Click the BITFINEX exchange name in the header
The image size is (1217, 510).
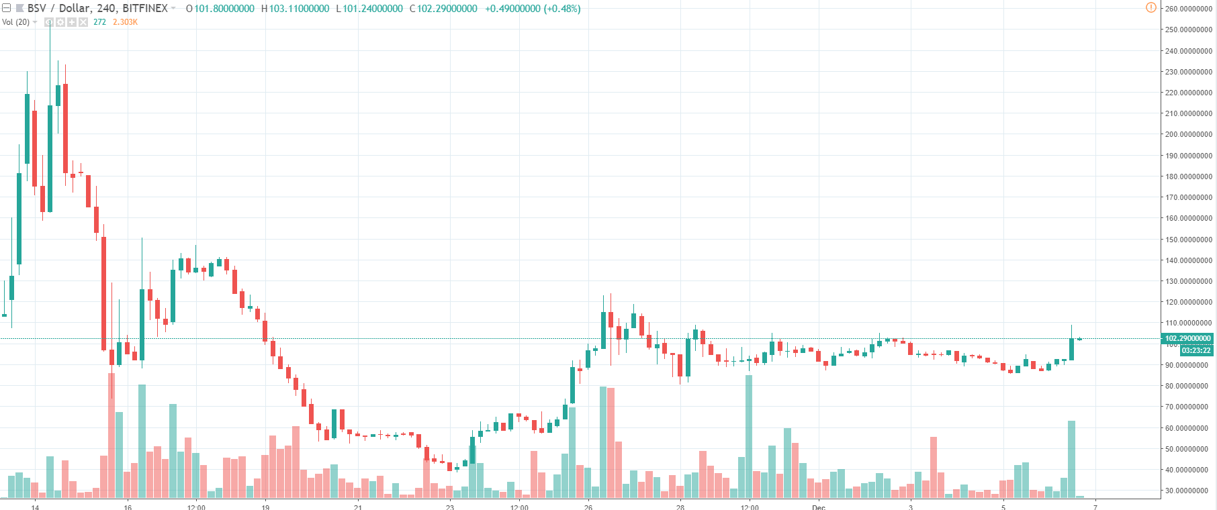[x=145, y=9]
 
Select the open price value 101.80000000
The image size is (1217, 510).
[x=224, y=9]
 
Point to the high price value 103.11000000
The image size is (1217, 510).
[x=299, y=9]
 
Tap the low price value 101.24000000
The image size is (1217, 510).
[x=373, y=9]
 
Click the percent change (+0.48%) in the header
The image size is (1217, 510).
[x=561, y=9]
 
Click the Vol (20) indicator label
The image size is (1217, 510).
[x=16, y=22]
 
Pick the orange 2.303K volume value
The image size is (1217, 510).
[x=125, y=22]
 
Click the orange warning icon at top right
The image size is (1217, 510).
[x=1151, y=7]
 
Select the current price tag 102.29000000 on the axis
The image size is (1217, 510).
[x=1187, y=339]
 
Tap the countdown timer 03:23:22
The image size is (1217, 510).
[x=1196, y=350]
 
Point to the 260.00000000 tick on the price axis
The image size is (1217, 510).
[x=1188, y=9]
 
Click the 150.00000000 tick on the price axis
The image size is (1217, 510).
[x=1188, y=240]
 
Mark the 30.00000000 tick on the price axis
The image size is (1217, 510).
[x=1188, y=491]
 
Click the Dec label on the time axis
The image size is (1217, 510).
[x=818, y=507]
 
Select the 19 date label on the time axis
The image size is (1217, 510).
[x=265, y=507]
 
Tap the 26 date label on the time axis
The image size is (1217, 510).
[x=588, y=507]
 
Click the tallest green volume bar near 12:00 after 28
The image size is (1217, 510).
[x=749, y=436]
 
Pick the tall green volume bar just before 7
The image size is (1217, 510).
[x=1071, y=459]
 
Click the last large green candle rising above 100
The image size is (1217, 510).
[x=1071, y=349]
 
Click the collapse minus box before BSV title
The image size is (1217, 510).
[x=7, y=9]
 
